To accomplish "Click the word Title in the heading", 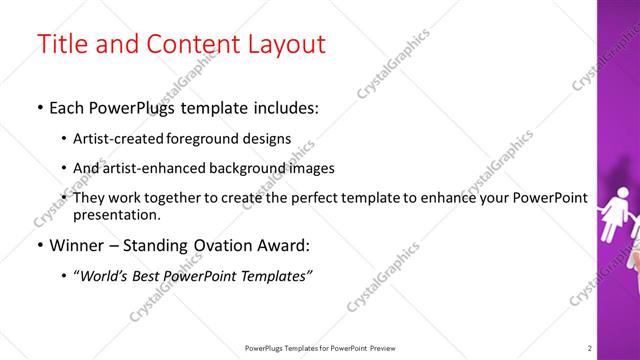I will coord(60,44).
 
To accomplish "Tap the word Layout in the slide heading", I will coord(282,44).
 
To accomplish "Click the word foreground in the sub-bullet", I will coord(217,139).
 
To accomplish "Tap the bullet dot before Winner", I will coord(39,246).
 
